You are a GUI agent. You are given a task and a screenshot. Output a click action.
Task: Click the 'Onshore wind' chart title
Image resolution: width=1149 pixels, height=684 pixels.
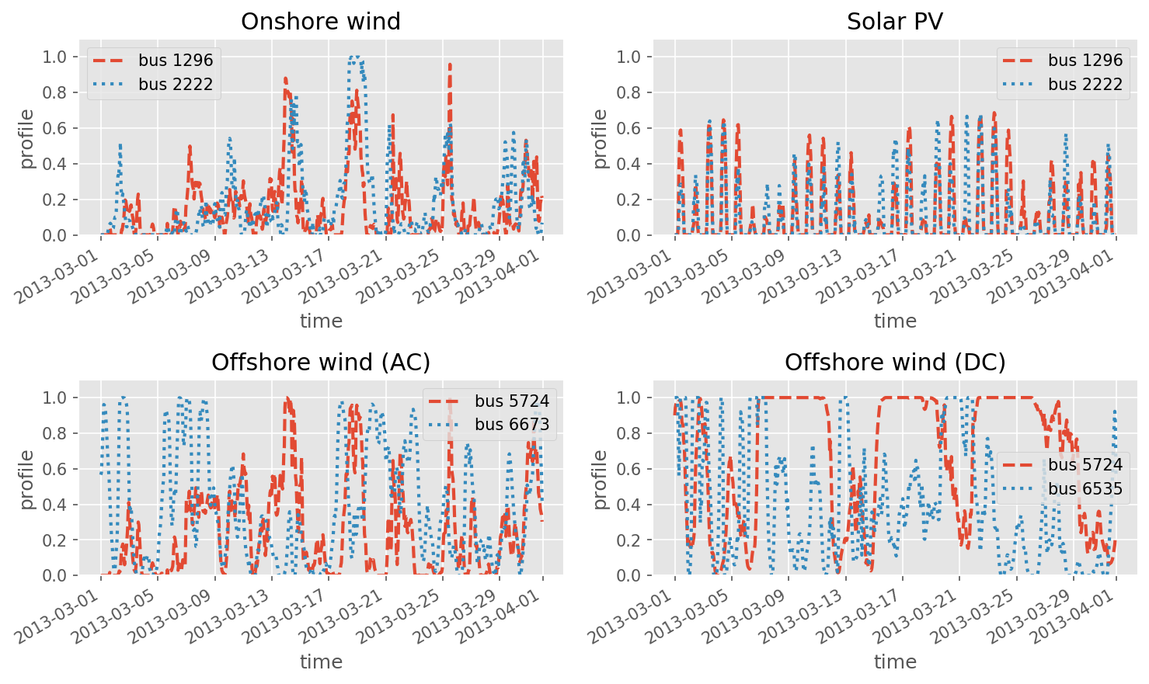(x=321, y=22)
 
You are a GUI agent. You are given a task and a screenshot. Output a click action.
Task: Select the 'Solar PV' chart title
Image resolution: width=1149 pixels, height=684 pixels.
(x=895, y=22)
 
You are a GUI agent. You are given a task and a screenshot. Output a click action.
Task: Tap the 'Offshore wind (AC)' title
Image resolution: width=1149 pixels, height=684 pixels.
(x=321, y=363)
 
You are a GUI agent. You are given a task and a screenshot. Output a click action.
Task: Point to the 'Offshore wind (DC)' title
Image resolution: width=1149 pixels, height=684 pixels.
(x=895, y=363)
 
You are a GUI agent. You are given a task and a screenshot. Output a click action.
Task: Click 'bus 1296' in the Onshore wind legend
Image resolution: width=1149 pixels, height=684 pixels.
(x=176, y=61)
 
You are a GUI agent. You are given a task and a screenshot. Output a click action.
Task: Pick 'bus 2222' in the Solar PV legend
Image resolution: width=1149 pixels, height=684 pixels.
(x=1085, y=84)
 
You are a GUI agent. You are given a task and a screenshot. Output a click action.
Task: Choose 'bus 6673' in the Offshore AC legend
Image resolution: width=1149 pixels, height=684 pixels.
(x=512, y=425)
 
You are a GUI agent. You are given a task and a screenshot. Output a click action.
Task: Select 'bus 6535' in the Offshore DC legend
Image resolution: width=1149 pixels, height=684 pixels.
(x=1085, y=488)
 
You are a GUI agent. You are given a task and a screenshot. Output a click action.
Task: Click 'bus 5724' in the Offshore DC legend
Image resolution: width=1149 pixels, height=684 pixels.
(x=1085, y=465)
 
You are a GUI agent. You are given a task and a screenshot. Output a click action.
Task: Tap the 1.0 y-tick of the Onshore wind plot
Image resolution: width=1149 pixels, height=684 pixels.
(x=56, y=57)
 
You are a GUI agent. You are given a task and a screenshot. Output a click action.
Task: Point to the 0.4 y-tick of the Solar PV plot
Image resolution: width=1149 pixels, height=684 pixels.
(x=629, y=164)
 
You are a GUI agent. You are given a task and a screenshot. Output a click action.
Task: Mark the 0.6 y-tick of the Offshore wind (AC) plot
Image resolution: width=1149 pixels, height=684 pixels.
(x=56, y=469)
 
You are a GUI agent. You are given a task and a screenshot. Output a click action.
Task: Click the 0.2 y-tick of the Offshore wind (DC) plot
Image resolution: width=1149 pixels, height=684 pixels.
(x=629, y=540)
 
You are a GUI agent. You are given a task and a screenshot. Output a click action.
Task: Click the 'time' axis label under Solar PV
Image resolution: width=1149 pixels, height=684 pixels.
(x=895, y=321)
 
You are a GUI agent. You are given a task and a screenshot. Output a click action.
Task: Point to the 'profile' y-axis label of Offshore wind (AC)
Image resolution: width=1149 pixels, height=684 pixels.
(x=27, y=479)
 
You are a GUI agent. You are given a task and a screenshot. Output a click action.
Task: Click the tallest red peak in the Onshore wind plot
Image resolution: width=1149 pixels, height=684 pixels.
(x=450, y=64)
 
